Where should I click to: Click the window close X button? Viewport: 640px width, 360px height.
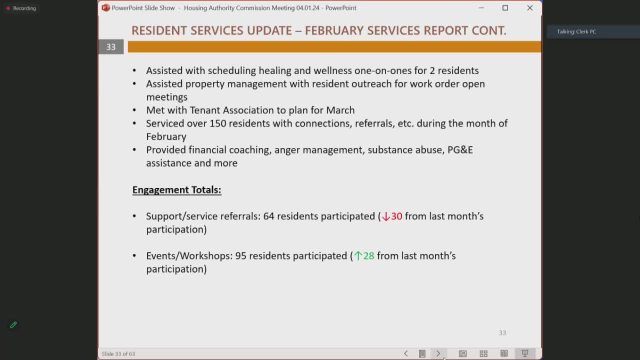click(x=529, y=8)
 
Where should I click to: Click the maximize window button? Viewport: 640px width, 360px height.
click(x=505, y=8)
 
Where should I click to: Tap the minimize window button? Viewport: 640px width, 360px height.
click(x=481, y=8)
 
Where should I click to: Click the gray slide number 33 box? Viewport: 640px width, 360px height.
click(x=110, y=47)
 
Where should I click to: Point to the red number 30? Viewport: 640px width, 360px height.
click(x=396, y=216)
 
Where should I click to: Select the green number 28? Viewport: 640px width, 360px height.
click(x=368, y=255)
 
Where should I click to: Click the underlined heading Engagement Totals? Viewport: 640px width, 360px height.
click(x=176, y=189)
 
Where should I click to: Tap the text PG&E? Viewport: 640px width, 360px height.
click(x=460, y=149)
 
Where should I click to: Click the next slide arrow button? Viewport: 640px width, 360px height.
click(x=438, y=353)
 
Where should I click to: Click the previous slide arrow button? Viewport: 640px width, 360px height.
click(x=405, y=353)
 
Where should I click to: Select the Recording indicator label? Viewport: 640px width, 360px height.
click(x=24, y=8)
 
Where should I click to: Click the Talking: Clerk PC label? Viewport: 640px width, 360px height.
click(x=576, y=31)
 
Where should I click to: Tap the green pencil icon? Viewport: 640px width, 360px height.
click(x=13, y=325)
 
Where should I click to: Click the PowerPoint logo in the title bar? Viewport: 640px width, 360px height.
click(x=105, y=8)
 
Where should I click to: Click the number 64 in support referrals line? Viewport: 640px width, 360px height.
click(x=268, y=216)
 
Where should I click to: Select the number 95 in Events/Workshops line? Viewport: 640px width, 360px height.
click(x=240, y=255)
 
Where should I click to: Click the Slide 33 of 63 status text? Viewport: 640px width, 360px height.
click(x=118, y=354)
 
